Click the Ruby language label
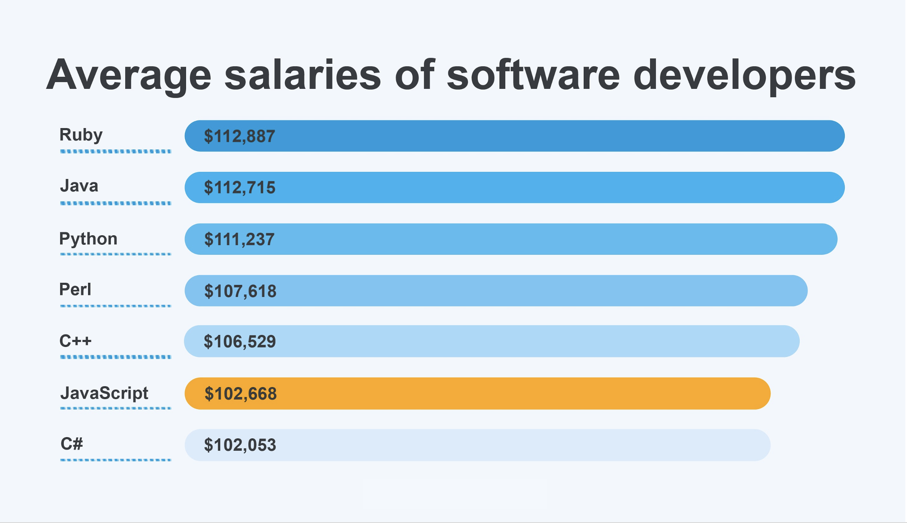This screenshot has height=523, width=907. [x=81, y=135]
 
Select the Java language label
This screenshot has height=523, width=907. [x=79, y=186]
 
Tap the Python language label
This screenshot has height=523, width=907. [x=88, y=239]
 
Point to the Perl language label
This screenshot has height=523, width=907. [x=75, y=289]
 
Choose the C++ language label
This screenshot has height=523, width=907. [x=76, y=341]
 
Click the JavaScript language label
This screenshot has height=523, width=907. [x=104, y=393]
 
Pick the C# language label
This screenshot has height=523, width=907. [x=72, y=444]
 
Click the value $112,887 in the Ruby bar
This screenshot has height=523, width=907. [x=239, y=136]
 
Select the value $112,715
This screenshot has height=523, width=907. [x=239, y=188]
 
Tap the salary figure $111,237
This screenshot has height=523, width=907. [x=239, y=239]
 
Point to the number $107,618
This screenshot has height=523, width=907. [x=240, y=291]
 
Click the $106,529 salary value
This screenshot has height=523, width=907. [x=240, y=342]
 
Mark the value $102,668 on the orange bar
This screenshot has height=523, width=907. [x=241, y=394]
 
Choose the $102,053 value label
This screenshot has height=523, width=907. [x=240, y=445]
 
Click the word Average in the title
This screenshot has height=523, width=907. [x=129, y=75]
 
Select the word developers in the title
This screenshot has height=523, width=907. [x=744, y=75]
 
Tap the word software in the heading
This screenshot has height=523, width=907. [x=533, y=75]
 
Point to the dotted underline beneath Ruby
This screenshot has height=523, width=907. [x=116, y=151]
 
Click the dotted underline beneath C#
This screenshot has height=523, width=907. [x=116, y=460]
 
